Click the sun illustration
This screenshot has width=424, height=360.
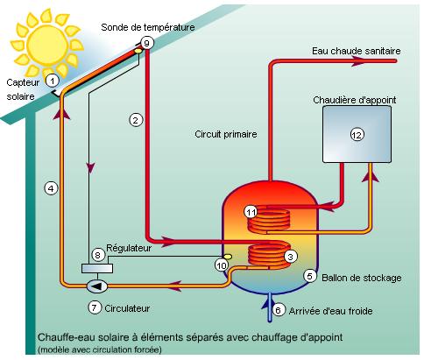47,46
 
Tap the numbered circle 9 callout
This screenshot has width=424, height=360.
147,43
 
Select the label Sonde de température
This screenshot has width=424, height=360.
148,27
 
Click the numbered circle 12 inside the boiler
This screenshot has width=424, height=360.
357,135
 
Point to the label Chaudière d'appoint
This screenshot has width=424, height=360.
355,100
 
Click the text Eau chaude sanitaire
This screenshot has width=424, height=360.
357,51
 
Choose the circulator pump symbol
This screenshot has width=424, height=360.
97,286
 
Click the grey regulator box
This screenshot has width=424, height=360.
97,268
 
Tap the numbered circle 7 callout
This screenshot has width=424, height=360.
95,307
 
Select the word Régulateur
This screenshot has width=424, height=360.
129,248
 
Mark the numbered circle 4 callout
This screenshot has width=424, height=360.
51,188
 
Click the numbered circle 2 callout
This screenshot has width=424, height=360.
136,120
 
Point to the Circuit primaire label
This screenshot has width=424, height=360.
226,134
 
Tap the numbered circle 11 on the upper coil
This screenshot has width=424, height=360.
251,212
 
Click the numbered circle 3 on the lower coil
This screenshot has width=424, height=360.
290,257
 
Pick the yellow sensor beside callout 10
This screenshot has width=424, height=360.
228,257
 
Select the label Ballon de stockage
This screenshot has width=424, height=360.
362,278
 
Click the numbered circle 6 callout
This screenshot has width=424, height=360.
278,310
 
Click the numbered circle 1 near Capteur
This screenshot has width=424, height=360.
53,81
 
